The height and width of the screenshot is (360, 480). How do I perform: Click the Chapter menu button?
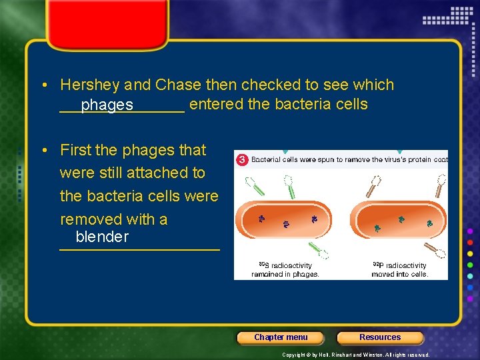point(281,337)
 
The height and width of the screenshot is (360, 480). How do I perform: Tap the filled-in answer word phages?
point(107,105)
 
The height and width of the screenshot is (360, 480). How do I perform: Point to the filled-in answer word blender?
point(102,237)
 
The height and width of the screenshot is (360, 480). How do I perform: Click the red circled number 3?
point(242,160)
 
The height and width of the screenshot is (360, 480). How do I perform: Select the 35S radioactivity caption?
point(285,269)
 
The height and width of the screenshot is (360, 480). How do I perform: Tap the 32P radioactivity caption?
point(400,269)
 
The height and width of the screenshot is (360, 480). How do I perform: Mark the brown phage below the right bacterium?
point(437,251)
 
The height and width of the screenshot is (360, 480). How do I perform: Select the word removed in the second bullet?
point(85,219)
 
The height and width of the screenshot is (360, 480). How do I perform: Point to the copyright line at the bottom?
point(356,355)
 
